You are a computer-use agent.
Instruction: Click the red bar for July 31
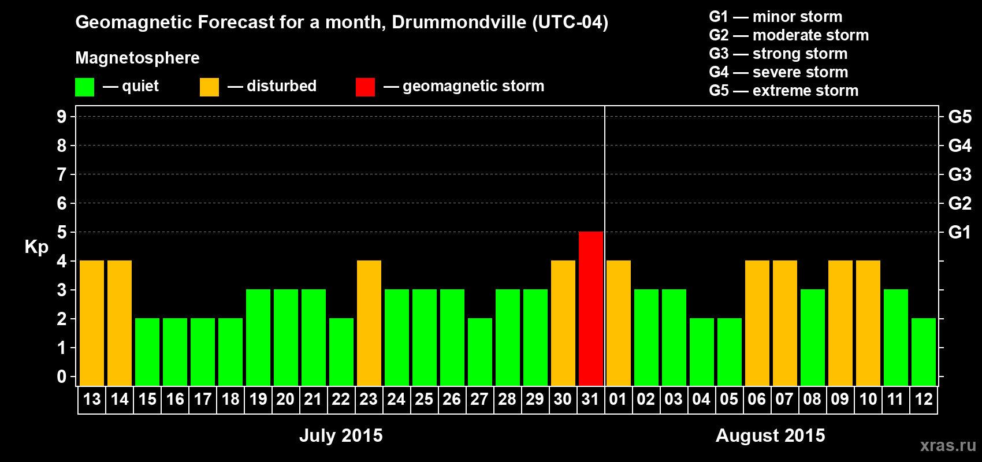point(591,308)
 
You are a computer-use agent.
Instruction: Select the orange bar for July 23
point(369,323)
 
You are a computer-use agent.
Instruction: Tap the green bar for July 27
point(480,352)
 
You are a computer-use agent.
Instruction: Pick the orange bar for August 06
point(757,323)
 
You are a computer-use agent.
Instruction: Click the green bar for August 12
point(924,352)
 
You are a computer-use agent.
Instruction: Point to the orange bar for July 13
point(92,323)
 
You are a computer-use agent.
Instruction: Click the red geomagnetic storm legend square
point(365,87)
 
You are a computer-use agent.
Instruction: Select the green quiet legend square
point(84,87)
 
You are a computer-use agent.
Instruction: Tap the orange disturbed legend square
point(209,87)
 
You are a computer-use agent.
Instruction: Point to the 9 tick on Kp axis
point(62,117)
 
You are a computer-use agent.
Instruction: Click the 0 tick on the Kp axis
point(62,377)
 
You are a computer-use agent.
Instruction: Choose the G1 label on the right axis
point(959,232)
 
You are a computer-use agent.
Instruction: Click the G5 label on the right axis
point(959,117)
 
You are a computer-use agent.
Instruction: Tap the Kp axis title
point(36,247)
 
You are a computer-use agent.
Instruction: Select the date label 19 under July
point(258,399)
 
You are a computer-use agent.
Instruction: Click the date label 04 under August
point(701,399)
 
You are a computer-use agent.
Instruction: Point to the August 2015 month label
point(770,435)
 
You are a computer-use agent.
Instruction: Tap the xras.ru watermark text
point(948,445)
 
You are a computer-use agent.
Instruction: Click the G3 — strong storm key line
point(778,54)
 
